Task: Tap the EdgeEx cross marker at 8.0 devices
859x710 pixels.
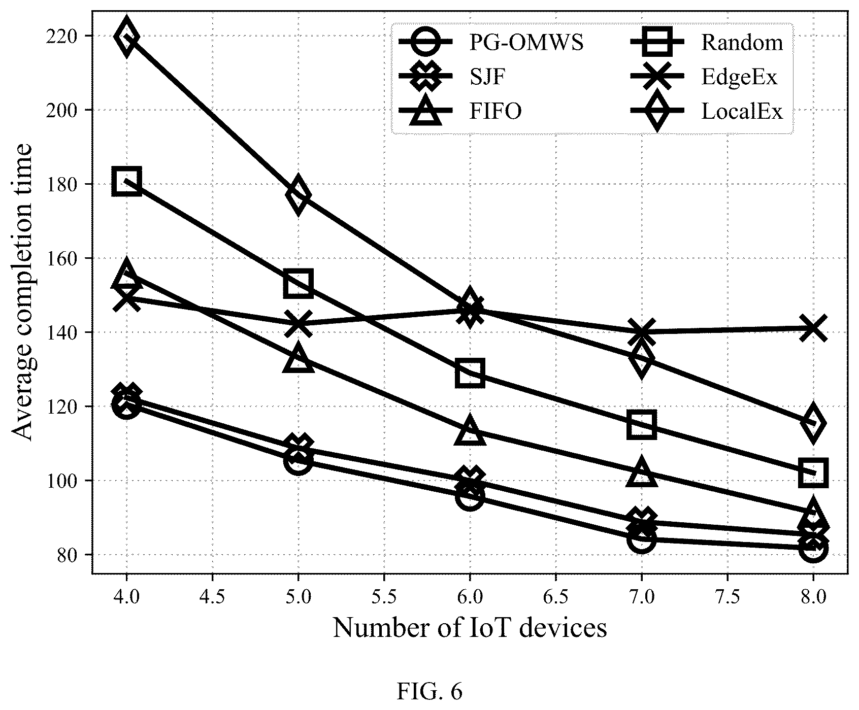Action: point(813,329)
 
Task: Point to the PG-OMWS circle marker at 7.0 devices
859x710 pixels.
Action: point(641,540)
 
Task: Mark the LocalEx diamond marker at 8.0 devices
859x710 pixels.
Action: point(813,423)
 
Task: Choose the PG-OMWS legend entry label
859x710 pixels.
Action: point(525,43)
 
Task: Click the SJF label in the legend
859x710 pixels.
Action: point(487,77)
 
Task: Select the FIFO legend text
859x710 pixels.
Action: point(494,111)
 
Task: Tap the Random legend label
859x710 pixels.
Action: point(742,43)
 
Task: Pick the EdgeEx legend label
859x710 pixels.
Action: point(739,77)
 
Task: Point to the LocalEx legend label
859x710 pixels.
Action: point(742,111)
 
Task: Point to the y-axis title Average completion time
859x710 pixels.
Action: point(22,292)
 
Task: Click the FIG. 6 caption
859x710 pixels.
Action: point(430,692)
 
